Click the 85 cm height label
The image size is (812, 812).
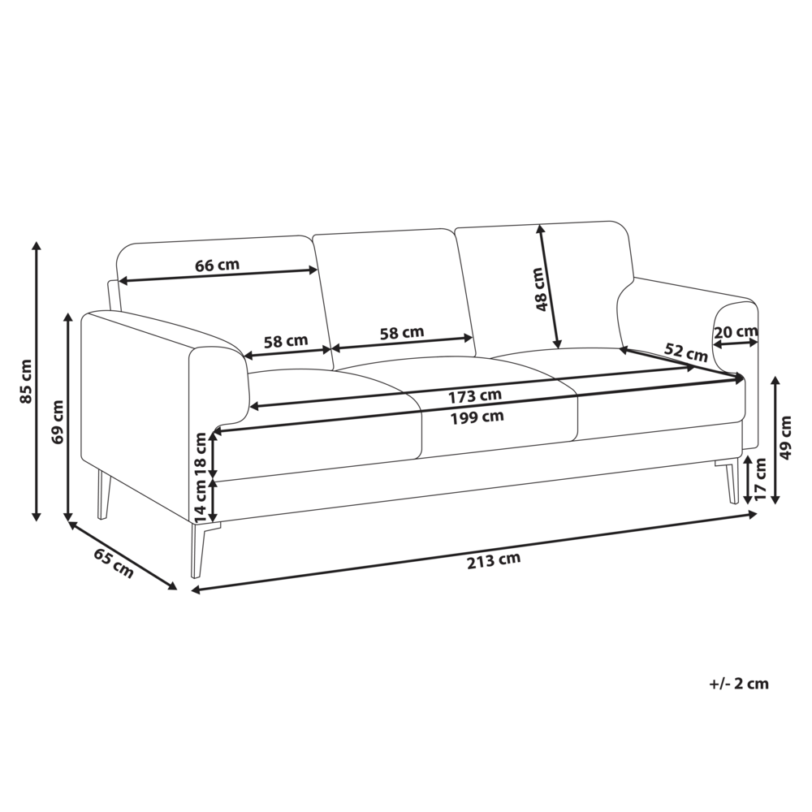[27, 381]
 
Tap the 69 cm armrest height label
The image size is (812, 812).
[58, 421]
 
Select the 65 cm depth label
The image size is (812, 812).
[114, 563]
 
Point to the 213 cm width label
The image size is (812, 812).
[494, 560]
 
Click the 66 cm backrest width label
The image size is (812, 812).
[217, 266]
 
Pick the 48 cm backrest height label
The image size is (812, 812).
[540, 290]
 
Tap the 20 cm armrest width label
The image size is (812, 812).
[736, 331]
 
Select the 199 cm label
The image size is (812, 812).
[477, 417]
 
